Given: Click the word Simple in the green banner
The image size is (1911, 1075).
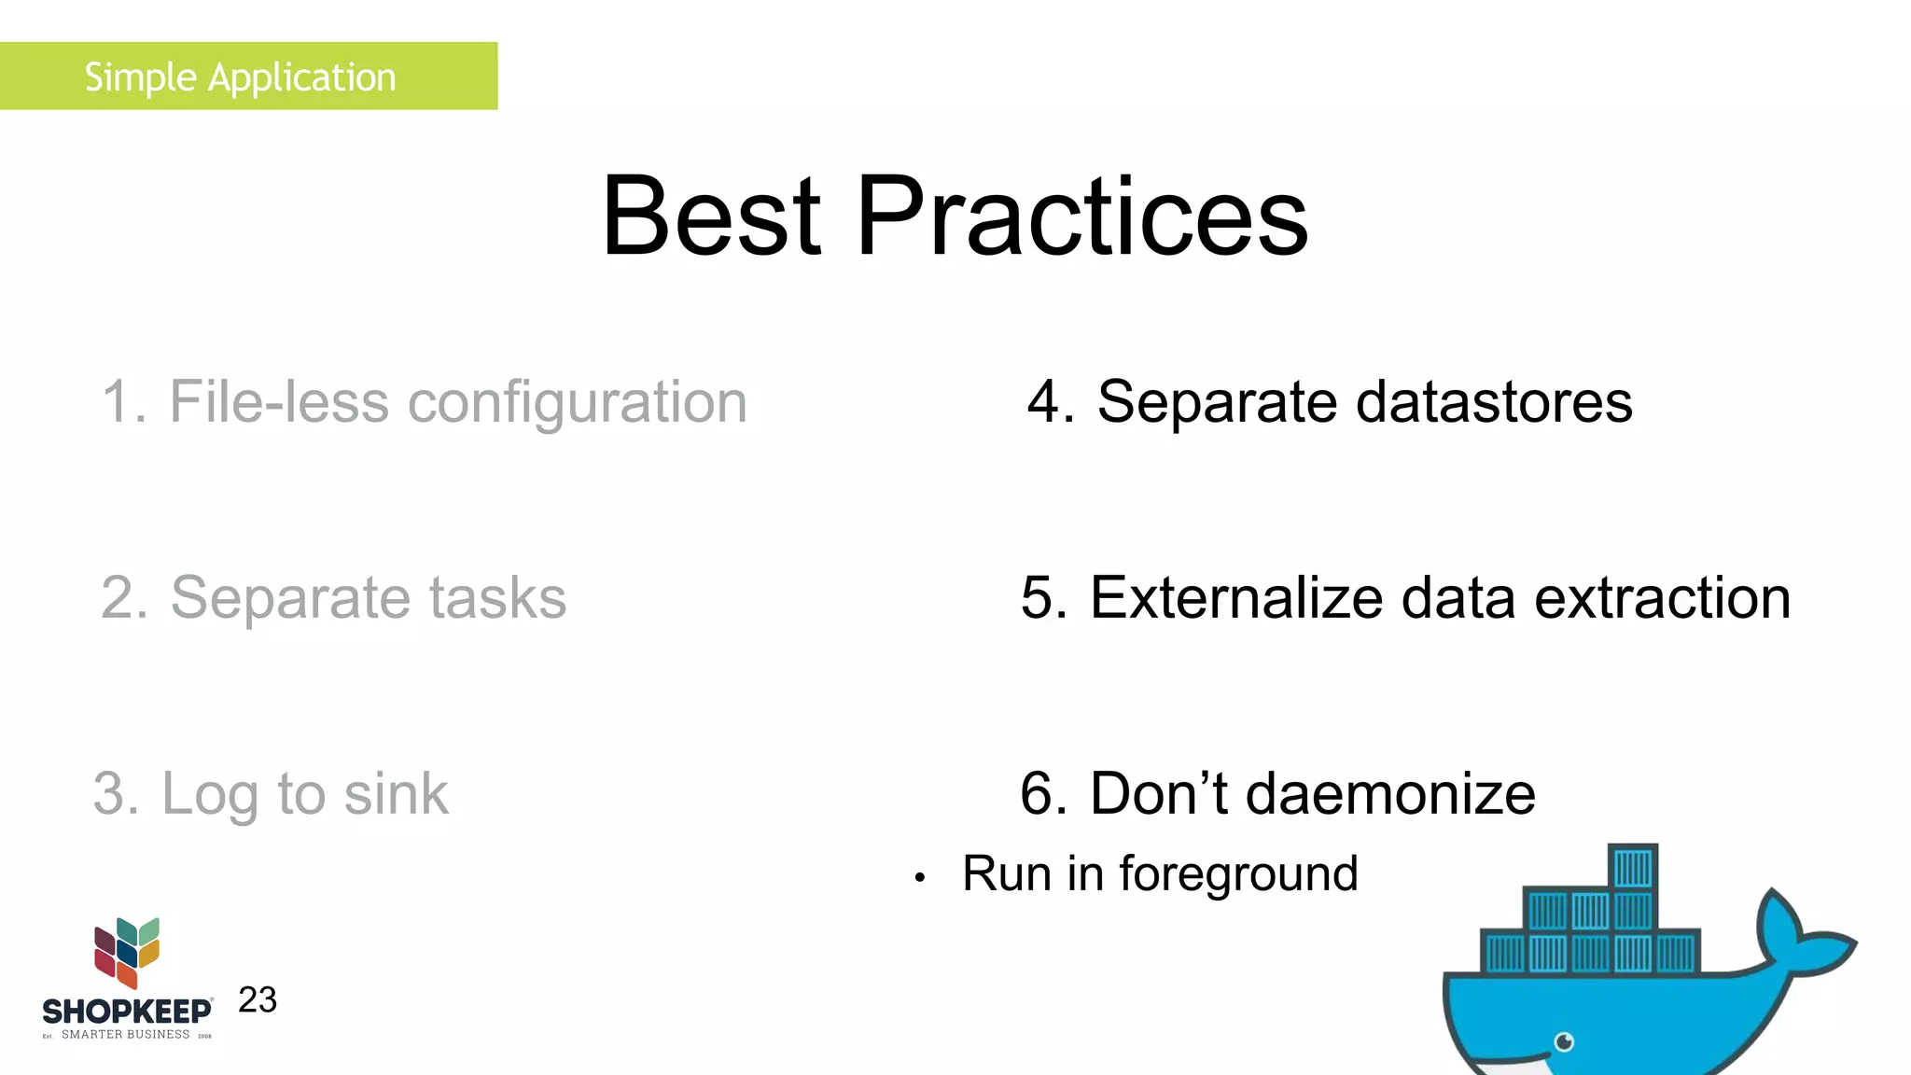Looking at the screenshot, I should (140, 77).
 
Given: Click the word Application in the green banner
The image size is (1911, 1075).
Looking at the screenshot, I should (301, 77).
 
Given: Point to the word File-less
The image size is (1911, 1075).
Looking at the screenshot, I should (278, 403).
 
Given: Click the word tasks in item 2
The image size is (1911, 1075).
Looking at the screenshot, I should (497, 598).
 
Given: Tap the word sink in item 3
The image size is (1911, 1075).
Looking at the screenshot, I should (396, 794).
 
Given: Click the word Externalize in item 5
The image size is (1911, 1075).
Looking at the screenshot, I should (1236, 598).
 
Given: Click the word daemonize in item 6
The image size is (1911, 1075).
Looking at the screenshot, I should (1389, 794).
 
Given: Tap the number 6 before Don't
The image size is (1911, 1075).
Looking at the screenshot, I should (1039, 794).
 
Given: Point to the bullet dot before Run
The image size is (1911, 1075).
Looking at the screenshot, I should (919, 878).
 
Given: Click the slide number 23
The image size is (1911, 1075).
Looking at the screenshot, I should (258, 1000).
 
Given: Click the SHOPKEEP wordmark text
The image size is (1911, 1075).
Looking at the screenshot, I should (127, 1012).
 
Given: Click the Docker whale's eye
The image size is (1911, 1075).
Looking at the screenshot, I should (1565, 1041).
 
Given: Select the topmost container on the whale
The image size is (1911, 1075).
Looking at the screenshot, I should (1633, 867).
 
